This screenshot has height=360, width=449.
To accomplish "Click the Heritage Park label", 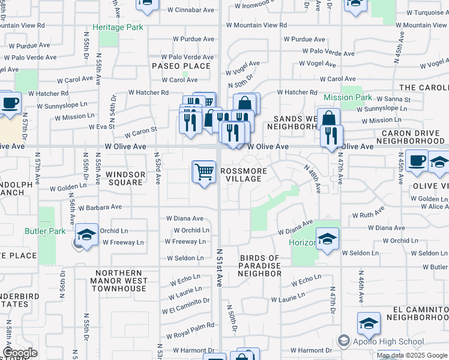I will [117, 28].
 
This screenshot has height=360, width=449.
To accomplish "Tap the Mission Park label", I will [348, 97].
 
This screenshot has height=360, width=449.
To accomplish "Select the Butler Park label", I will [44, 231].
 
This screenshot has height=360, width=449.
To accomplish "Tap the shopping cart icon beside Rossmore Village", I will [204, 172].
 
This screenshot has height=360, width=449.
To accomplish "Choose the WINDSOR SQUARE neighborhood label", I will [125, 178].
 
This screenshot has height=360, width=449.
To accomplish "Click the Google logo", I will [20, 353].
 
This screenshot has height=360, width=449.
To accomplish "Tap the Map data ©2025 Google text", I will [412, 355].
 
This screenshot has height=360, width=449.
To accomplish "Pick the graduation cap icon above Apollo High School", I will [369, 324].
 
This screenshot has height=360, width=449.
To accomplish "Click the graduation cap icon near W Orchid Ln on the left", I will [86, 235].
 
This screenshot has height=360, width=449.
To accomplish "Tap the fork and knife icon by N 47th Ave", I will [331, 136].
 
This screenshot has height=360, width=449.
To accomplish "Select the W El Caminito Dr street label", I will [185, 305].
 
